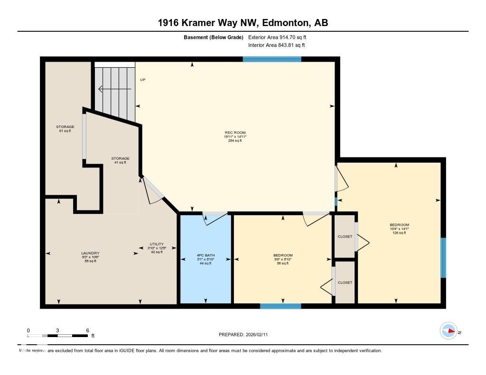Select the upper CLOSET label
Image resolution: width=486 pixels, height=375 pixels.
tap(345, 237)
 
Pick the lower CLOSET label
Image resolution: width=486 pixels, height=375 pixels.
tap(345, 283)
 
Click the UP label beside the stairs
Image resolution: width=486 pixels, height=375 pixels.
tap(142, 80)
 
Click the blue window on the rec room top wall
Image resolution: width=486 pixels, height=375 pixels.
tap(272, 59)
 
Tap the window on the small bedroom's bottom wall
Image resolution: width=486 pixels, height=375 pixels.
tap(280, 306)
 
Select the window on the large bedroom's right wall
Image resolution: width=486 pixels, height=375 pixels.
tap(443, 258)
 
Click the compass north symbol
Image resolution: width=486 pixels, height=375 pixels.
tap(449, 331)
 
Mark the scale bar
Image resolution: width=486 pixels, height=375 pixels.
tap(58, 336)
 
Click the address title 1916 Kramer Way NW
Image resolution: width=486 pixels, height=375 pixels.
tap(243, 23)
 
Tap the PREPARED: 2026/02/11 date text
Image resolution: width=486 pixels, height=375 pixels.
tap(246, 335)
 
